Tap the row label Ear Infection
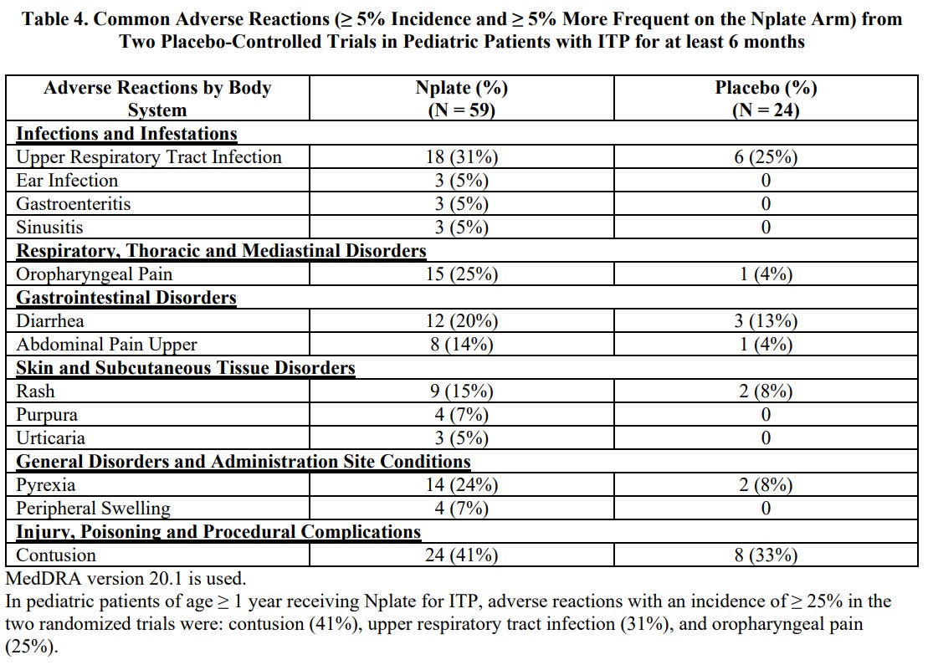[67, 181]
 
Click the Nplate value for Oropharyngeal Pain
[462, 274]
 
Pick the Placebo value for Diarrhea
[766, 320]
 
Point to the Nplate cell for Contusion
[462, 555]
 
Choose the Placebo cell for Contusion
[766, 555]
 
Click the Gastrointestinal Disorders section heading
[126, 297]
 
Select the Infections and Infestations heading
[126, 133]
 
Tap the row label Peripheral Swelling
[93, 509]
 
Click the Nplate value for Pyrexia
[462, 484]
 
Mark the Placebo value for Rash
[766, 391]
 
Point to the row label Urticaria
[50, 437]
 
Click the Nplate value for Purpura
[462, 414]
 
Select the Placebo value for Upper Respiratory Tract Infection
[766, 156]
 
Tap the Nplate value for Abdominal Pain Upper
[462, 345]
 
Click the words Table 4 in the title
[55, 19]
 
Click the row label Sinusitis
[49, 228]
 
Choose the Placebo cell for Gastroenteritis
[766, 203]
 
